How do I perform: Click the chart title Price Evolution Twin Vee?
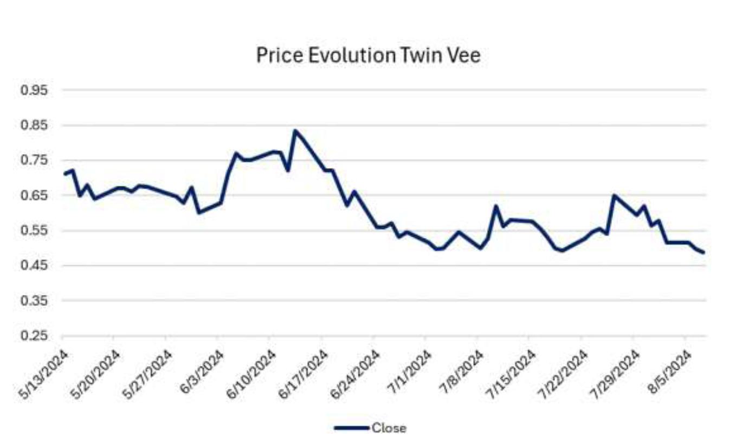click(x=368, y=56)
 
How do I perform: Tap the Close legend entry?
click(x=388, y=428)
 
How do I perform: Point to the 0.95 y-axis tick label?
click(x=35, y=91)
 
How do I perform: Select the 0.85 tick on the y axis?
click(x=35, y=126)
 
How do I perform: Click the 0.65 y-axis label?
click(x=35, y=196)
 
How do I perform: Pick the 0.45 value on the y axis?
click(x=35, y=266)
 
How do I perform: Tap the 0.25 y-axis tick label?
click(x=35, y=336)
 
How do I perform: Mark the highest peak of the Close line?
click(x=295, y=131)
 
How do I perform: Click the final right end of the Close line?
click(x=703, y=253)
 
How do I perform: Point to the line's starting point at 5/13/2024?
click(x=64, y=174)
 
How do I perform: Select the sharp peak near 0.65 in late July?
click(x=614, y=195)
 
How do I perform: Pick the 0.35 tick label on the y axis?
click(x=35, y=301)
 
